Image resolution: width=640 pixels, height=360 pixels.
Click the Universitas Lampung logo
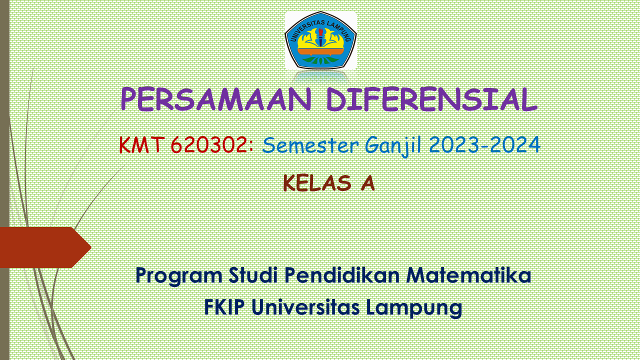[x=320, y=40]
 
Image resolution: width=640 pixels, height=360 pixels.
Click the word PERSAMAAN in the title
[x=216, y=100]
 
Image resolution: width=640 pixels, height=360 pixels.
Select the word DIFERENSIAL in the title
[x=431, y=100]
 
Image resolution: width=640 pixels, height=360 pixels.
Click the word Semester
[x=310, y=145]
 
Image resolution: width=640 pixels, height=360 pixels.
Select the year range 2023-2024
[x=484, y=145]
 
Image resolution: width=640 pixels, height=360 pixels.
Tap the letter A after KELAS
[x=367, y=183]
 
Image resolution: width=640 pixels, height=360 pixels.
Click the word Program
[x=178, y=275]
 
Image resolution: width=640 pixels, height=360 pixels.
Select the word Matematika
[x=468, y=275]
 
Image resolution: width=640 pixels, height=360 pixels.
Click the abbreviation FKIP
[x=224, y=307]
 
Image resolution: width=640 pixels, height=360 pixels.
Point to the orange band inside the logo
[x=320, y=51]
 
